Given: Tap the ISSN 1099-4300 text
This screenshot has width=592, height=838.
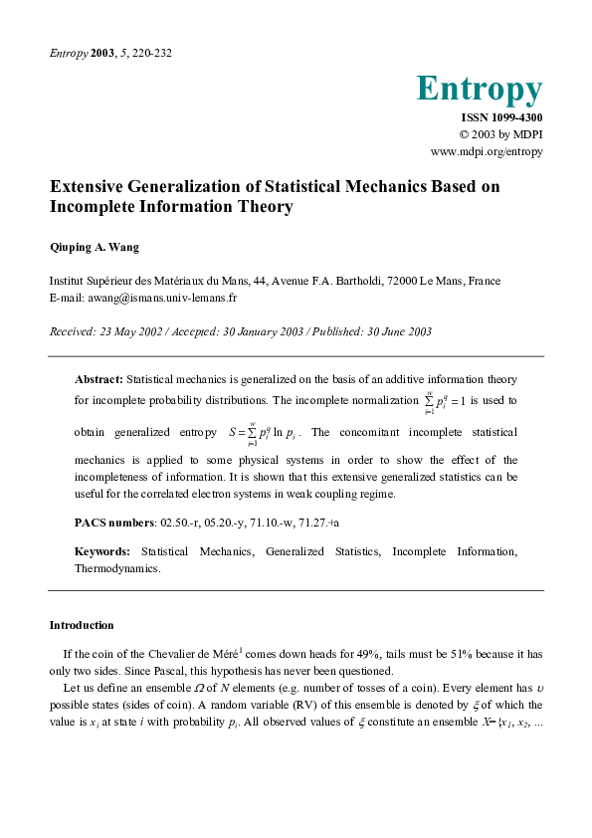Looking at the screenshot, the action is coord(501,117).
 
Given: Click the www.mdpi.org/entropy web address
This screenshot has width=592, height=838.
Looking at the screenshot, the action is coord(486,151).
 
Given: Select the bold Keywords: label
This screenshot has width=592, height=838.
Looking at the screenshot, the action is coord(102,551).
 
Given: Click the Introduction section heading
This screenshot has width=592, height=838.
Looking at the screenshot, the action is coord(82,625).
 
